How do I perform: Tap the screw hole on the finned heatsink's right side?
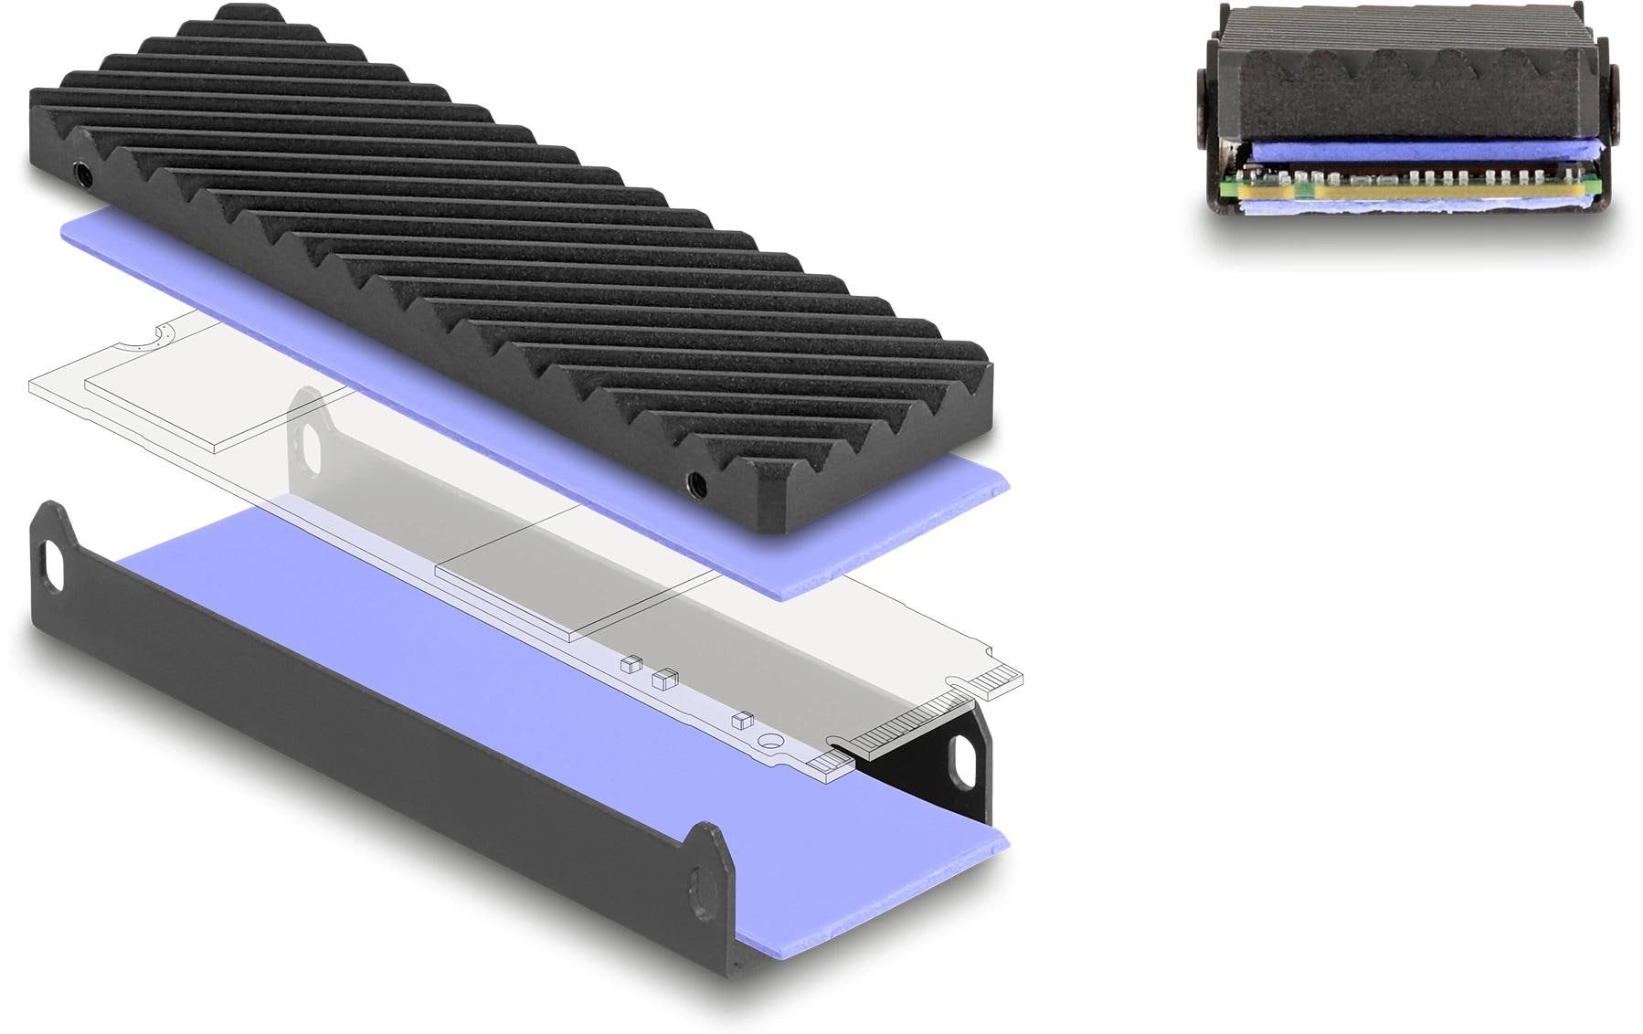[695, 480]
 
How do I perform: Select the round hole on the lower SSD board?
[770, 743]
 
